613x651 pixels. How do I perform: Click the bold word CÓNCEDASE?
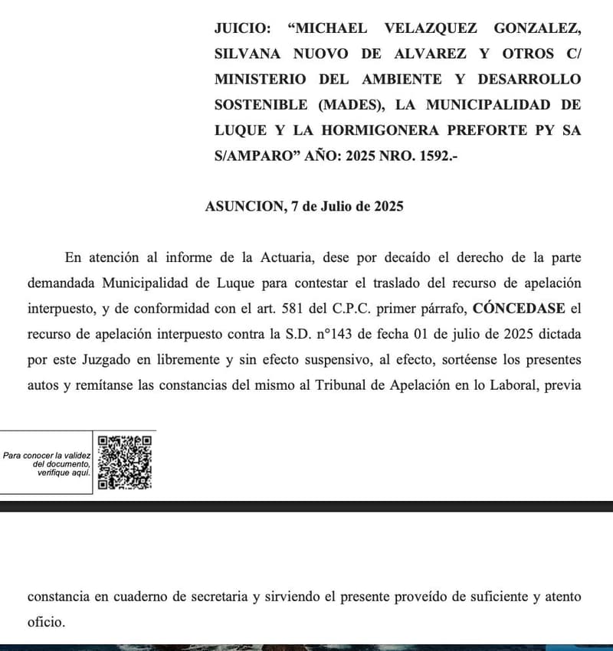(x=519, y=308)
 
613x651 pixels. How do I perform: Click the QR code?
(x=125, y=462)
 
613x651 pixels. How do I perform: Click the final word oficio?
(x=46, y=622)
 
